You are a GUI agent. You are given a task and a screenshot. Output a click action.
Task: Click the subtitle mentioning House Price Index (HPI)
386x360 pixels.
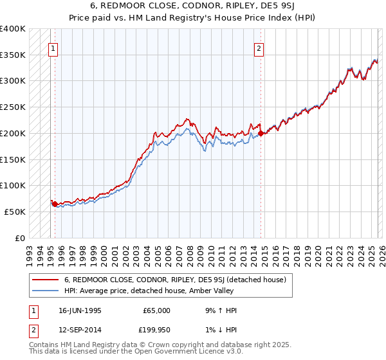pyautogui.click(x=193, y=18)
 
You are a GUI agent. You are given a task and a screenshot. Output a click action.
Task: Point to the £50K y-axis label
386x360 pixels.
pyautogui.click(x=15, y=212)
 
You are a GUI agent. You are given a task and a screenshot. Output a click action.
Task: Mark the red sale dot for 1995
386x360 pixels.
pyautogui.click(x=55, y=204)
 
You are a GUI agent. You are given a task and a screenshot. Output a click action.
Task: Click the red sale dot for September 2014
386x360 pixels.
pyautogui.click(x=261, y=134)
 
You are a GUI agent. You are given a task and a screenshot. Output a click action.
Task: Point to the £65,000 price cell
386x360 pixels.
pyautogui.click(x=156, y=310)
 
